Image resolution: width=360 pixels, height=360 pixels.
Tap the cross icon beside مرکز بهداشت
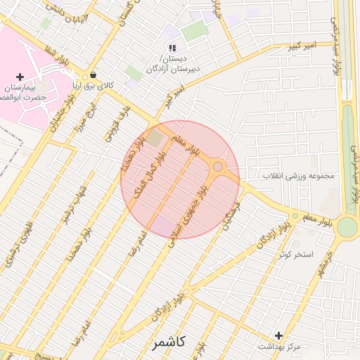pyautogui.click(x=279, y=336)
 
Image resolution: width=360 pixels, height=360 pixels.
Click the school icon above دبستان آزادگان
pyautogui.click(x=172, y=48)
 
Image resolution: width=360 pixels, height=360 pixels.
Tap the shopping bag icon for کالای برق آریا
pyautogui.click(x=92, y=75)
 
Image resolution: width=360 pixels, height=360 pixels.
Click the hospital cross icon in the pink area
pyautogui.click(x=20, y=76)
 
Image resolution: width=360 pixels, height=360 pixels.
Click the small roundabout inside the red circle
pyautogui.click(x=218, y=167)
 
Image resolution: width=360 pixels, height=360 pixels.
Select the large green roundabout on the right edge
pyautogui.click(x=347, y=227)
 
